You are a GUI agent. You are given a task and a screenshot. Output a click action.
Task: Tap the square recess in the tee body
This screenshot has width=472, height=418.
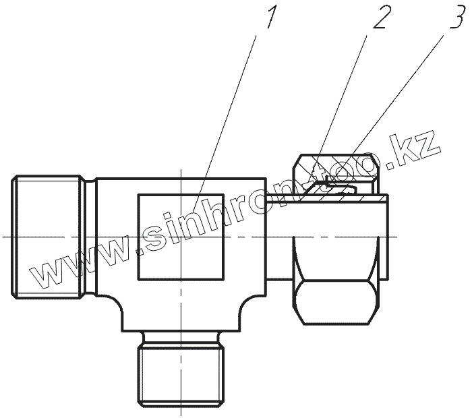point(181,237)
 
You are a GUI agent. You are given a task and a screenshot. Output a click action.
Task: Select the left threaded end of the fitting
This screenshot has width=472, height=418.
point(47,237)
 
